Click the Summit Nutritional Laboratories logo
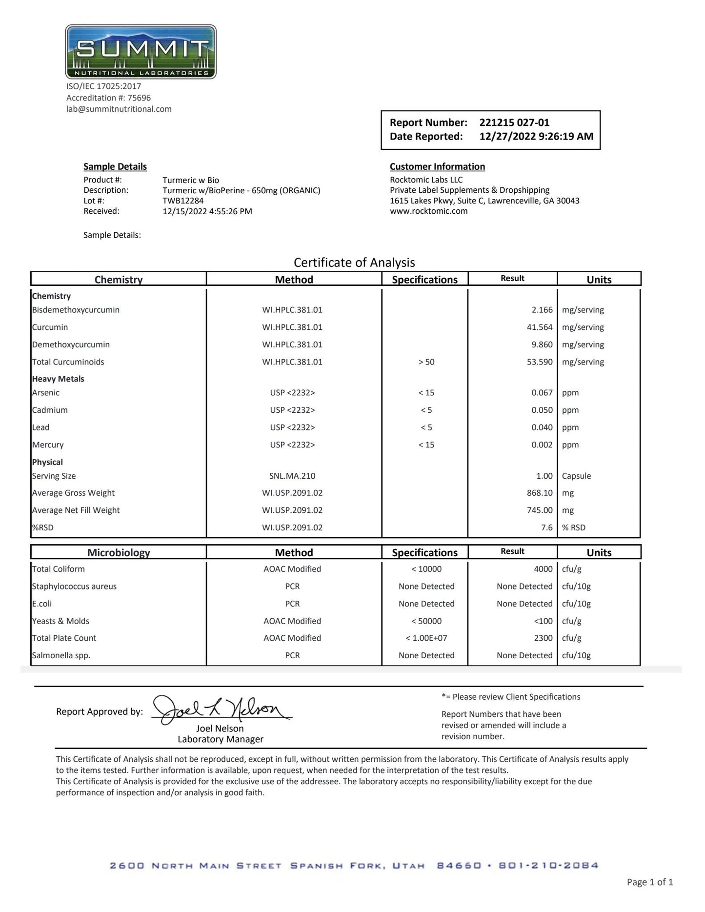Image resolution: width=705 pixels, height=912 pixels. pyautogui.click(x=141, y=52)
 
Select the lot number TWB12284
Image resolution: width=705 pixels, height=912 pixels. pyautogui.click(x=183, y=201)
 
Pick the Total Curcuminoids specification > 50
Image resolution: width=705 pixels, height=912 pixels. pyautogui.click(x=426, y=362)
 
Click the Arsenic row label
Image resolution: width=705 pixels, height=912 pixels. pyautogui.click(x=46, y=393)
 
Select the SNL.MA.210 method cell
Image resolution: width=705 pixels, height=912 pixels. pyautogui.click(x=292, y=476)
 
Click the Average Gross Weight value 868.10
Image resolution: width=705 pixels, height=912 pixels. pyautogui.click(x=539, y=493)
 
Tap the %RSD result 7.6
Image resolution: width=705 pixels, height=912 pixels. pyautogui.click(x=546, y=527)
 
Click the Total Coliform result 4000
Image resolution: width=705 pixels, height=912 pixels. pyautogui.click(x=543, y=569)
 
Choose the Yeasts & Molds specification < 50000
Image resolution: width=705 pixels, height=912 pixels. pyautogui.click(x=426, y=621)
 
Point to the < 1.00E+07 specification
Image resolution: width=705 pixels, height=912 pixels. pyautogui.click(x=426, y=638)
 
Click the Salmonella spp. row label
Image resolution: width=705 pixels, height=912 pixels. pyautogui.click(x=61, y=655)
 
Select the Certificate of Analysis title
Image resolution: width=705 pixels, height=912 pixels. pyautogui.click(x=354, y=263)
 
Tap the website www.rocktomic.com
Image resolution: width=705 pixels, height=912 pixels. pyautogui.click(x=428, y=211)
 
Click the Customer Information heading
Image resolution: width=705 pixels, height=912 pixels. pyautogui.click(x=437, y=166)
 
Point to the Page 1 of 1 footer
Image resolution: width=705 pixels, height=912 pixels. pyautogui.click(x=649, y=882)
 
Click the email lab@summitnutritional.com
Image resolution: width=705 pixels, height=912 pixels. pyautogui.click(x=119, y=109)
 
